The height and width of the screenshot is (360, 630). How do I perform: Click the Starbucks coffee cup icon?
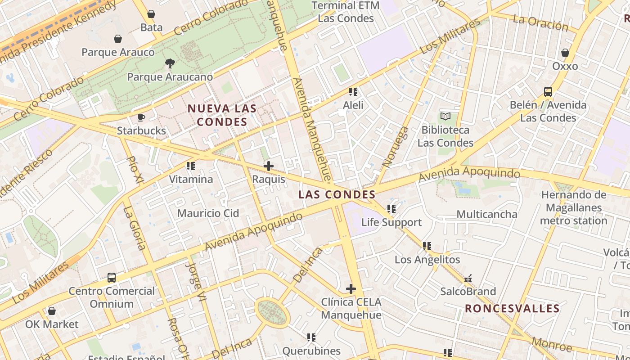tap(141, 118)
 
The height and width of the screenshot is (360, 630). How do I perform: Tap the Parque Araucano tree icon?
tap(170, 63)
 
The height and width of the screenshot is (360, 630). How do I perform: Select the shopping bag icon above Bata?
tap(151, 14)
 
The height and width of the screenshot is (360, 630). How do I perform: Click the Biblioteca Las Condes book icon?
tap(445, 117)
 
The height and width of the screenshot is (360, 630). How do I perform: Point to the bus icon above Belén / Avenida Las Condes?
tap(548, 92)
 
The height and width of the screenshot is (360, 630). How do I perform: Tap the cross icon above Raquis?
tap(269, 166)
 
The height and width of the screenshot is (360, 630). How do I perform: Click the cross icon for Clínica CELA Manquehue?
tap(351, 288)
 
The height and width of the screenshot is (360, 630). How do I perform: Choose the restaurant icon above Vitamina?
tap(191, 166)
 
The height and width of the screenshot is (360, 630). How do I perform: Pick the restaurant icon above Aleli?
tap(353, 92)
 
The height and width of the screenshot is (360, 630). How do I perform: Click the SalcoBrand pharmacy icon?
tap(468, 279)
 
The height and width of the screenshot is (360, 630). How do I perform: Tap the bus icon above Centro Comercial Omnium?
tap(112, 278)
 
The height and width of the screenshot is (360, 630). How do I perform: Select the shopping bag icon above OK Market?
tap(52, 311)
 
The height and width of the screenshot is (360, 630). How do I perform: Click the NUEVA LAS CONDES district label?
tap(222, 115)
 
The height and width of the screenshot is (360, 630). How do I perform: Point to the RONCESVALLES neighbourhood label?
tap(512, 309)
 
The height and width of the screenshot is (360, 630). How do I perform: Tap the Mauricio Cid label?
tap(208, 213)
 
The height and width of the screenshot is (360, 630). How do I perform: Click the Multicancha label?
tap(487, 214)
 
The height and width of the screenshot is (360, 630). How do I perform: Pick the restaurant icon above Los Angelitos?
tap(427, 246)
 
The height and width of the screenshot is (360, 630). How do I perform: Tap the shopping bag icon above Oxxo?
tap(565, 53)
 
